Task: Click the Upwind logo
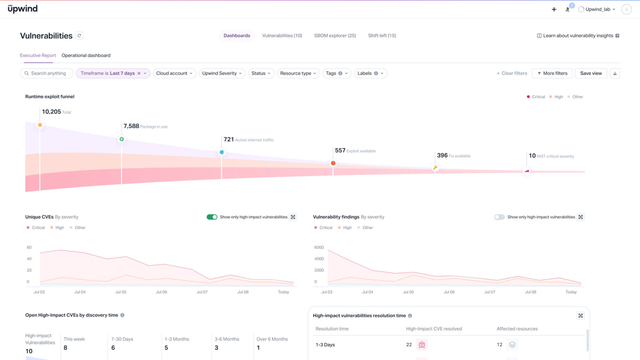(22, 9)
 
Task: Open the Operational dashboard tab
(86, 55)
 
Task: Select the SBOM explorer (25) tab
(335, 36)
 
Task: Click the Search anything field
(48, 73)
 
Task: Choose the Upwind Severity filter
(222, 73)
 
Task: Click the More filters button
(552, 73)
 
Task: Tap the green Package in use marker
(122, 139)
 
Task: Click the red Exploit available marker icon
(333, 163)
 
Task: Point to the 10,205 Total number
(51, 112)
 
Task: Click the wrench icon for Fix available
(435, 167)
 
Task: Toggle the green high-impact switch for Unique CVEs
(212, 217)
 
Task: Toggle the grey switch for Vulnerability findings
(499, 217)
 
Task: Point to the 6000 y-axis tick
(319, 247)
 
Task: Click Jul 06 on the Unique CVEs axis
(161, 292)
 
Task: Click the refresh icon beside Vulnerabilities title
(79, 36)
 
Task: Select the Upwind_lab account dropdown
(597, 9)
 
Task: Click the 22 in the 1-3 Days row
(409, 344)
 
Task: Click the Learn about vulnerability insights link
(578, 36)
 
